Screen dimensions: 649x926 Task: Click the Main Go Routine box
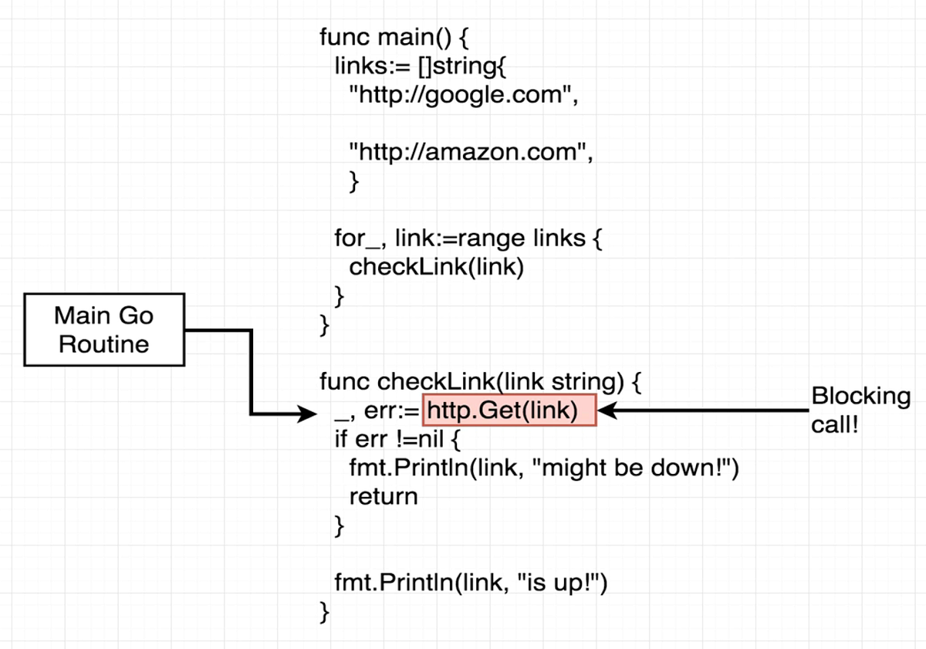click(104, 330)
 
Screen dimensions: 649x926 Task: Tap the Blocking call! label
click(860, 411)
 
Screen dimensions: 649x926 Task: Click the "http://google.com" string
click(464, 96)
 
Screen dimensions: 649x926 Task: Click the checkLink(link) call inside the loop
click(436, 267)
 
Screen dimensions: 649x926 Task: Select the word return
click(383, 496)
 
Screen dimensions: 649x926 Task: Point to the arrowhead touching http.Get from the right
click(607, 411)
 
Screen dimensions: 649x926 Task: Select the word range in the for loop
click(478, 238)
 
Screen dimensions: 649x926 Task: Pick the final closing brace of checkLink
click(325, 613)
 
